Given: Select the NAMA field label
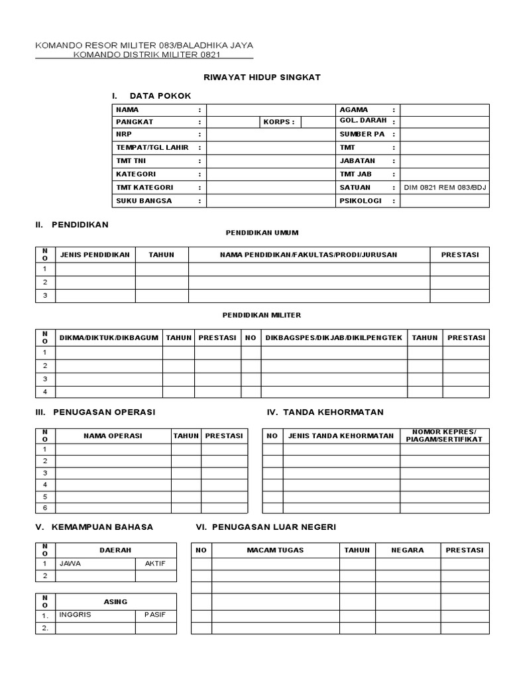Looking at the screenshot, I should coord(128,109).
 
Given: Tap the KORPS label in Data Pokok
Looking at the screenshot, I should coord(278,122).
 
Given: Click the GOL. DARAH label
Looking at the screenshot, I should coord(363,121).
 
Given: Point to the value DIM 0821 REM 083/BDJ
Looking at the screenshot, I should coord(445,188).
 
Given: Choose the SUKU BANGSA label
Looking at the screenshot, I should coord(144,200).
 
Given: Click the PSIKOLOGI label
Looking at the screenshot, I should coord(361,200).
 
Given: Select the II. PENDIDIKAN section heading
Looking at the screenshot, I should coord(72,225).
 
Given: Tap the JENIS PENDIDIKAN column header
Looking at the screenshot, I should coord(95,255).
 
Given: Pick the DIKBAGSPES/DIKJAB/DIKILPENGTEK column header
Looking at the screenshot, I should coord(333,338).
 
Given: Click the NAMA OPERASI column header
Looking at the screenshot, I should coord(113,436).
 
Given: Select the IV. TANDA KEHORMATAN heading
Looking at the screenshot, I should coord(325,412).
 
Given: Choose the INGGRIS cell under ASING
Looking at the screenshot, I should coord(75,614).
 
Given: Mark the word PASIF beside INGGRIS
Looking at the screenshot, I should coord(155,614).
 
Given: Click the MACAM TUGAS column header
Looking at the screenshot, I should coord(274,550).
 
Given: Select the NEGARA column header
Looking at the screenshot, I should coord(408,550).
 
